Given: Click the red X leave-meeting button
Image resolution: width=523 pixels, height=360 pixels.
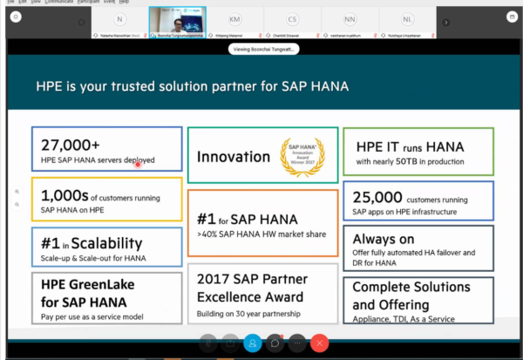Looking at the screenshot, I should coord(320,343).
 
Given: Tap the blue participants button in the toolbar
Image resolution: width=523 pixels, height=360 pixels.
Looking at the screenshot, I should coord(253,343).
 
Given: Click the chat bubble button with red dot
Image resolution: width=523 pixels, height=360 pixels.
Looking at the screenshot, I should coord(275,343).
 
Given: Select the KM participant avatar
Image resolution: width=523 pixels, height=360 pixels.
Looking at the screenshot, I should coord(235,19).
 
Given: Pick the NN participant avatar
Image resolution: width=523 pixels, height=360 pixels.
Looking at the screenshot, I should coord(350,19).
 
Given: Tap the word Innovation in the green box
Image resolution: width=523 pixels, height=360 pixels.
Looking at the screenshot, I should coord(233,157).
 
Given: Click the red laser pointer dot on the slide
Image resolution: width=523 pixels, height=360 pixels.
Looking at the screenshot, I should coord(138,163).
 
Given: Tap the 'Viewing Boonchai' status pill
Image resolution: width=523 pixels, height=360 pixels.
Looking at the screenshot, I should coord(261,50).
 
